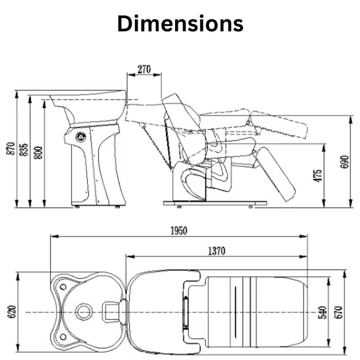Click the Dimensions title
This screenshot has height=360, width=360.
click(x=180, y=24)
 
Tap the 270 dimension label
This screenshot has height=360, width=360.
click(x=144, y=69)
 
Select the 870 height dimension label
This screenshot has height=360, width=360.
click(x=11, y=148)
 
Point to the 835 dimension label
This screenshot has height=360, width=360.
click(x=23, y=150)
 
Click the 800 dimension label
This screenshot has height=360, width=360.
click(x=38, y=153)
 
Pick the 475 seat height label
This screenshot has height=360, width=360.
click(x=318, y=176)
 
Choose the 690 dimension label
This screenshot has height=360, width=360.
click(x=344, y=162)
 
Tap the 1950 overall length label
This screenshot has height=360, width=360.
click(x=179, y=231)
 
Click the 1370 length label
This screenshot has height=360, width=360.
click(x=216, y=251)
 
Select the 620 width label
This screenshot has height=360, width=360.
click(x=12, y=311)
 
